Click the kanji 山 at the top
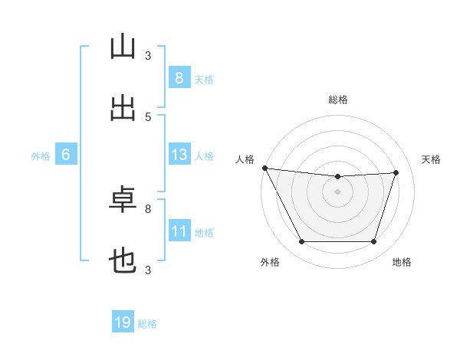click(123, 46)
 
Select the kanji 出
click(123, 108)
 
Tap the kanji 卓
click(123, 199)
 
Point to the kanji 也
click(123, 261)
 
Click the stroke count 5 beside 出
click(148, 117)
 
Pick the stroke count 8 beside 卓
click(148, 209)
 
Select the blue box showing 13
click(179, 154)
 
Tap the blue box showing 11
click(179, 230)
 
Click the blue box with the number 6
click(66, 154)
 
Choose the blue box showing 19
click(123, 321)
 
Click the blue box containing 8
click(179, 77)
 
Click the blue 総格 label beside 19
click(147, 324)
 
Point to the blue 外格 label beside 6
click(41, 156)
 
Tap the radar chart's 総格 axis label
click(338, 100)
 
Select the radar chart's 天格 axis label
click(431, 159)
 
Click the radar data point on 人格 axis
click(265, 168)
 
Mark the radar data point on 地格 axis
click(373, 241)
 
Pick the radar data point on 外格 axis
click(302, 241)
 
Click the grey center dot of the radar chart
click(337, 191)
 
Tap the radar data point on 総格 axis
click(337, 176)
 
